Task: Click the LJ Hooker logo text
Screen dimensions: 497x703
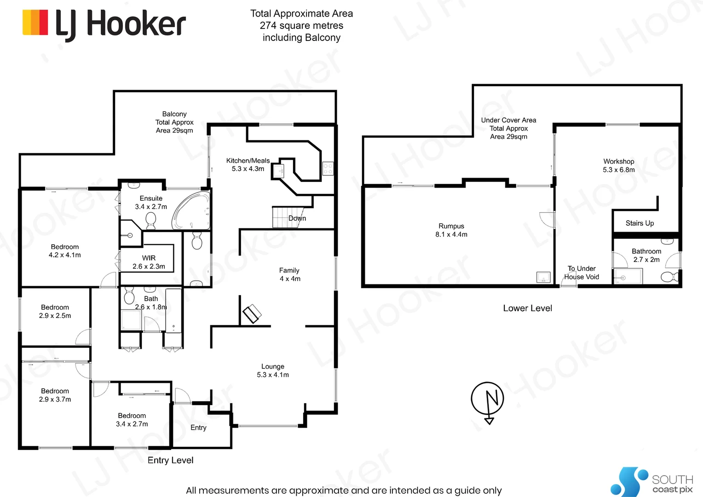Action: (121, 24)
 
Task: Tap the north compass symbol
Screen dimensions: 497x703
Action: (488, 399)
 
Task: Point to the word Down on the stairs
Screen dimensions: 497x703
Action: (297, 218)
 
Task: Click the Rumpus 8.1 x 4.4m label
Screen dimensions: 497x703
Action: (451, 230)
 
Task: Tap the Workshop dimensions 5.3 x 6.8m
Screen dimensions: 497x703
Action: (619, 170)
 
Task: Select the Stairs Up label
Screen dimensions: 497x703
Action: (640, 223)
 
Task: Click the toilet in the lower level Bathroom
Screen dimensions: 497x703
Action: (668, 277)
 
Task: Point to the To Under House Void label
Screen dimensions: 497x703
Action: (582, 272)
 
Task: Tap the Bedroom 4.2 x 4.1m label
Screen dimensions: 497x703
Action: (65, 251)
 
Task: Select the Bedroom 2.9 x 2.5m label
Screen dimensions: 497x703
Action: (55, 312)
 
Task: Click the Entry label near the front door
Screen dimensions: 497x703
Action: (198, 428)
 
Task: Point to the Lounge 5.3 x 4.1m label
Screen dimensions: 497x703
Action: (273, 370)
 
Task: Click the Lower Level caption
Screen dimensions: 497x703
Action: (527, 308)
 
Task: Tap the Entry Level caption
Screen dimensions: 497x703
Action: (170, 460)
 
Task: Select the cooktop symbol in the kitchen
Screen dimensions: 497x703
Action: (328, 168)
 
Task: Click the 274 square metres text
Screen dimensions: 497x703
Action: (301, 26)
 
